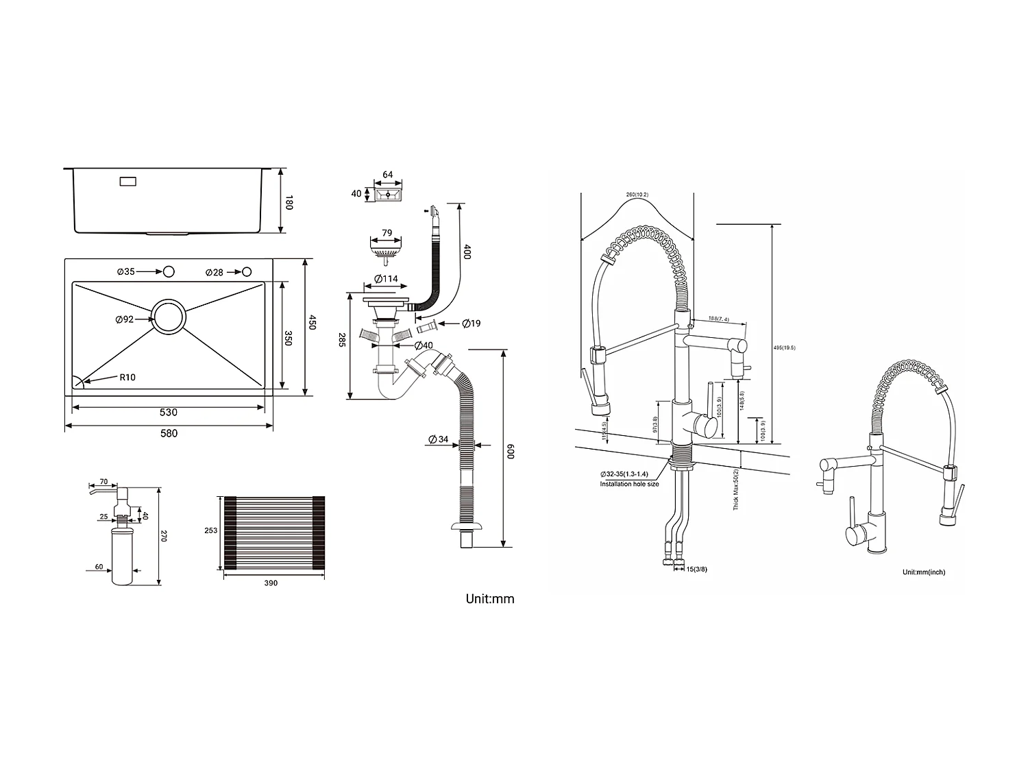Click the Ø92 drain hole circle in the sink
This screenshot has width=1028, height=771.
[168, 317]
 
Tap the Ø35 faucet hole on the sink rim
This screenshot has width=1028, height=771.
[168, 272]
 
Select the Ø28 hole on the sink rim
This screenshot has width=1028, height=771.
[246, 272]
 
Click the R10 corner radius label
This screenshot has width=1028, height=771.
[127, 377]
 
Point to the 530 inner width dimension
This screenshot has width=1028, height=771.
[168, 412]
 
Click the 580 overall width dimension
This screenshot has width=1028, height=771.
[169, 432]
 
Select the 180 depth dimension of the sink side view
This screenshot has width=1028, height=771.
[289, 203]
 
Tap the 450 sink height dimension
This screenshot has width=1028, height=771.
[312, 322]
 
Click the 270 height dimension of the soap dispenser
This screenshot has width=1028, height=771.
[164, 536]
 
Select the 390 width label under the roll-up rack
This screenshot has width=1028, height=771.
[271, 583]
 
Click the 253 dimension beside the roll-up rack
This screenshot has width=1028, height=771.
[210, 530]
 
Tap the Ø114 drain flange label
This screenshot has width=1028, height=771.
[386, 279]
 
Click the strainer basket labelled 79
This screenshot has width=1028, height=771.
[386, 252]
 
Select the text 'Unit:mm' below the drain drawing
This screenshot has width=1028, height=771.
[489, 598]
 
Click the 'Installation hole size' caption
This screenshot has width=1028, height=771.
[629, 484]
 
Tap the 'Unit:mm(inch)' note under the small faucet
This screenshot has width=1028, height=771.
[923, 572]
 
